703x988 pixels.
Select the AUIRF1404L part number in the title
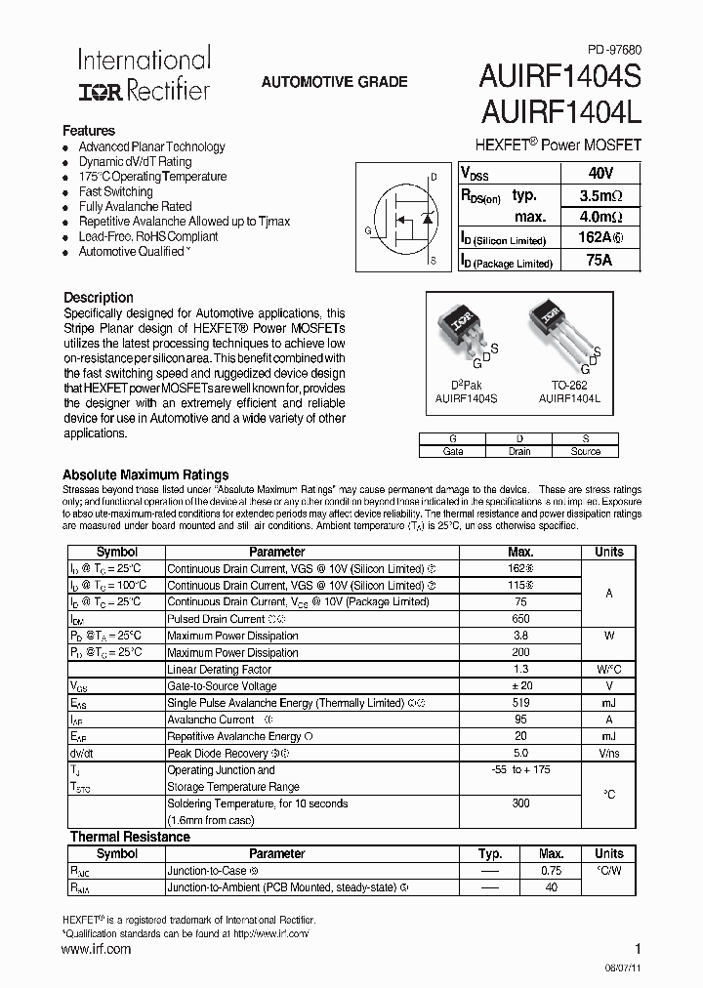[x=559, y=114]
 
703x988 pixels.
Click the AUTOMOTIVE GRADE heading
[x=334, y=82]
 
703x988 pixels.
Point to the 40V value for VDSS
[x=600, y=173]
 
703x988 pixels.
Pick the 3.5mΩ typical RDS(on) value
[x=600, y=194]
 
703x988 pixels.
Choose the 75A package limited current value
[x=600, y=260]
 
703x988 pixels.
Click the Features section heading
[x=89, y=131]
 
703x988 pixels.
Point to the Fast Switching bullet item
[x=115, y=191]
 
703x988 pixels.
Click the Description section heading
[x=99, y=298]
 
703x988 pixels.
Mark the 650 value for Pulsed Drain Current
[x=520, y=619]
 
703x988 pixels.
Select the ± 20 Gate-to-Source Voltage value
[x=520, y=685]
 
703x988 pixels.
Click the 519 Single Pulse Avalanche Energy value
[x=520, y=702]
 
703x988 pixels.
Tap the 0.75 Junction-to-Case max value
[x=552, y=871]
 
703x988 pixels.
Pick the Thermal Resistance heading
[x=130, y=837]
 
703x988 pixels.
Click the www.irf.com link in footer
[x=97, y=949]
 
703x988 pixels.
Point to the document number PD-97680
[x=614, y=50]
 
